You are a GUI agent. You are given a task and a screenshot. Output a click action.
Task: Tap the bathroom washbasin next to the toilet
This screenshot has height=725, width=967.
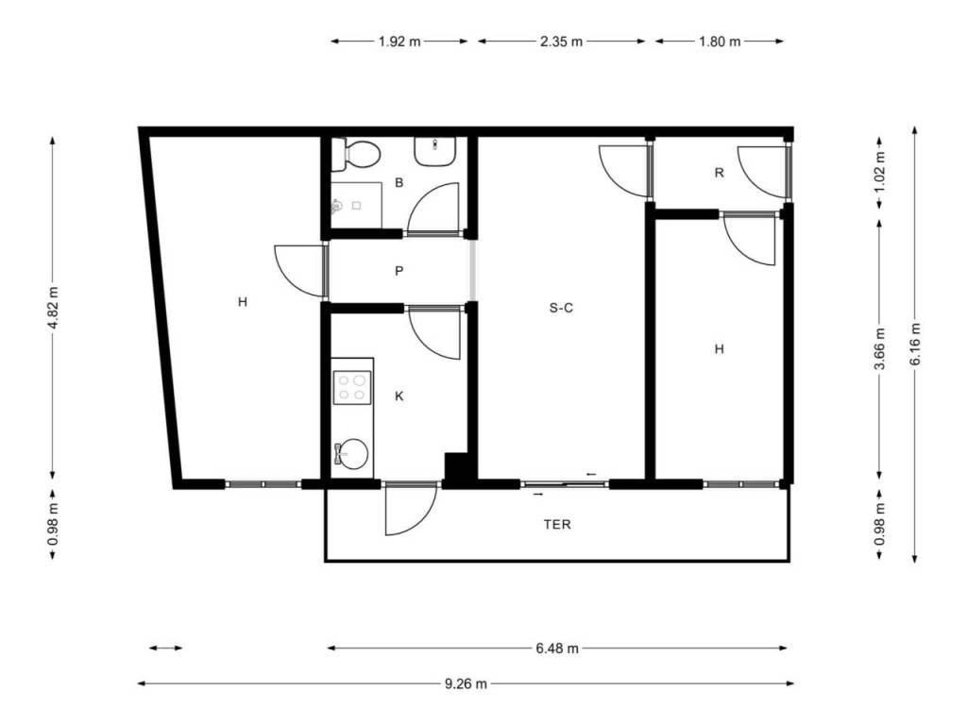click(x=434, y=150)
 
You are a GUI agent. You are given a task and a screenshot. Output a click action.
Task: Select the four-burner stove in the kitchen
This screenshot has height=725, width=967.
click(x=352, y=387)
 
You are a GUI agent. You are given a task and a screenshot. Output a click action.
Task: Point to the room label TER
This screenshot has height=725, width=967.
click(x=557, y=525)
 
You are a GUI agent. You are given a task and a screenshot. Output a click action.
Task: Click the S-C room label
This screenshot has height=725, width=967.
click(x=561, y=308)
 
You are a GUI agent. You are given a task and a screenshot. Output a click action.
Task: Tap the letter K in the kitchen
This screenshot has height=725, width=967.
click(x=399, y=396)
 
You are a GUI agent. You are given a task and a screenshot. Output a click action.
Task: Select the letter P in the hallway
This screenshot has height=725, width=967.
click(x=399, y=271)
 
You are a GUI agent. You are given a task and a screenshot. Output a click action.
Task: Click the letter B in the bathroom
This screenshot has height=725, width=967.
click(x=399, y=182)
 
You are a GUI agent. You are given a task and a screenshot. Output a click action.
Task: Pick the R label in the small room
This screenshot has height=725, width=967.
click(x=719, y=173)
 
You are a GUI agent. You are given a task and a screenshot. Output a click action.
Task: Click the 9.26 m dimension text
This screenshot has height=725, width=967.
click(x=466, y=683)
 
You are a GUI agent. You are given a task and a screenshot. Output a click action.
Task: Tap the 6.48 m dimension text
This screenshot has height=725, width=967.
click(x=557, y=649)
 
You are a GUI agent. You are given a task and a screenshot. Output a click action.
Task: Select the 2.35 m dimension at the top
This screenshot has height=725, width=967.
click(x=561, y=42)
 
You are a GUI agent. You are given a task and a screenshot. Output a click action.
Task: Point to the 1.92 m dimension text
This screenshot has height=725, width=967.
click(x=399, y=42)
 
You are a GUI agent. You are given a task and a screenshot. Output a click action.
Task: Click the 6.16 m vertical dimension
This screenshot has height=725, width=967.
click(x=915, y=344)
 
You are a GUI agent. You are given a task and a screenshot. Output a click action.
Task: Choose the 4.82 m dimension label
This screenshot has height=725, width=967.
click(x=53, y=308)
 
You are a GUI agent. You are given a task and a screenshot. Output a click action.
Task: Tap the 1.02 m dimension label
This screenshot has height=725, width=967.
click(x=880, y=172)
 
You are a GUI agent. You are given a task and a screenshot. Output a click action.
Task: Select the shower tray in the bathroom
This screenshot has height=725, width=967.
click(x=356, y=205)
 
